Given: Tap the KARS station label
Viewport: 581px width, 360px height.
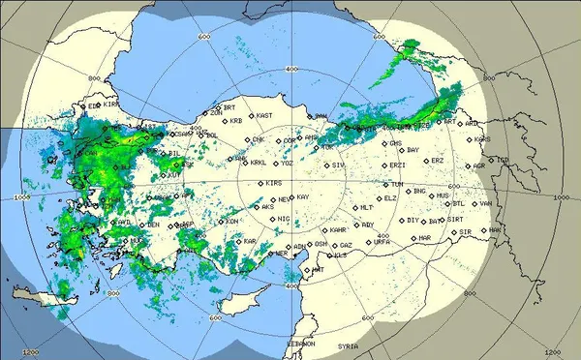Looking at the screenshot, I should (484, 138).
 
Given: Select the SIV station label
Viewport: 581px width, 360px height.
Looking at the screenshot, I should (338, 165).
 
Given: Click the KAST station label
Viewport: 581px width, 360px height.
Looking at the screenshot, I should (262, 115).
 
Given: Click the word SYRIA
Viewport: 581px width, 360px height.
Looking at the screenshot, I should (347, 345).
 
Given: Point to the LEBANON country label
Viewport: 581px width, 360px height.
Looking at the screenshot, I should (301, 345).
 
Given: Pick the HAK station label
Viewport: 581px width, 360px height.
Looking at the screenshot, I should (495, 229).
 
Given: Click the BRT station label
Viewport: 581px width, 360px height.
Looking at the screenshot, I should (230, 107).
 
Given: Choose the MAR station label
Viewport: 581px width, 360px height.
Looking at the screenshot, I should (425, 238).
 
